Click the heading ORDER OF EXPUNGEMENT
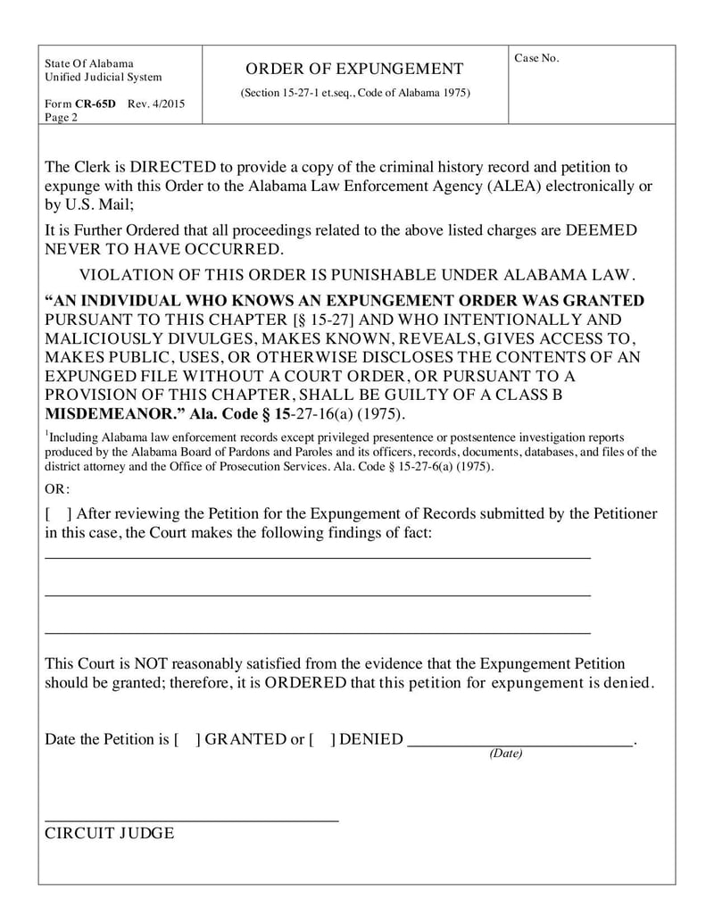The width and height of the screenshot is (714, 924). coord(354,70)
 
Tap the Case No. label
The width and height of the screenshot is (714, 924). coord(536,58)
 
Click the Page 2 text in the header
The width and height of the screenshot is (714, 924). coord(61,117)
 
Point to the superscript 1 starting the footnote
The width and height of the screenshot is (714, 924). coord(47,434)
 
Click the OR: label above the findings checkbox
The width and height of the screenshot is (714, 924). coord(57,489)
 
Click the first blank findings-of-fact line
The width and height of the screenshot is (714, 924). coord(317,556)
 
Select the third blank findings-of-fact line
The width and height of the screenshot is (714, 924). coord(317,631)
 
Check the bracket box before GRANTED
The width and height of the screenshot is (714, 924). coord(187,740)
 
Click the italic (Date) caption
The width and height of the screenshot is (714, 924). coord(505,753)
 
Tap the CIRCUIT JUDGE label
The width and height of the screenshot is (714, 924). coord(110,833)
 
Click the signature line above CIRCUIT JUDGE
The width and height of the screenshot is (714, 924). coord(191,819)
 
